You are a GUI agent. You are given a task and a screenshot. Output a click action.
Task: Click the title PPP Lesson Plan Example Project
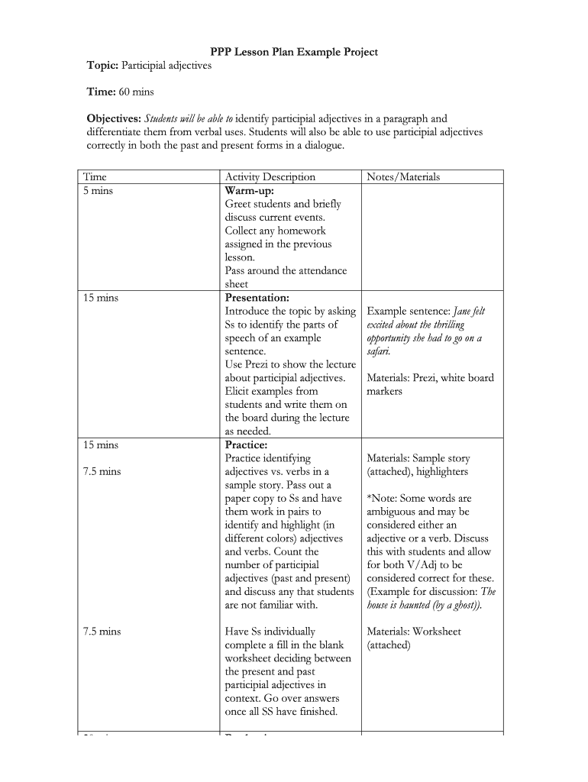294,52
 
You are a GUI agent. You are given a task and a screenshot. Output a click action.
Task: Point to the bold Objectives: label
114,118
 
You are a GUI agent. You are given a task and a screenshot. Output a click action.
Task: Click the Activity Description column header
270,177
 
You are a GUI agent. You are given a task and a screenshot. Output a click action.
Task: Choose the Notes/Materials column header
403,177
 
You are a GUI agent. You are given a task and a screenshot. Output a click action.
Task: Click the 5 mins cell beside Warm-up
98,191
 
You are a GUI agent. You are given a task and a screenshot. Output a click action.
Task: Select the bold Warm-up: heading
249,191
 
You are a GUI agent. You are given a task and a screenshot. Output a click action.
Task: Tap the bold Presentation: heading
257,298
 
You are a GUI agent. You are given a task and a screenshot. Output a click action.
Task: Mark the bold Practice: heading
246,444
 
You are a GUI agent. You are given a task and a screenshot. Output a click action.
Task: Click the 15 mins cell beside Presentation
101,298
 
